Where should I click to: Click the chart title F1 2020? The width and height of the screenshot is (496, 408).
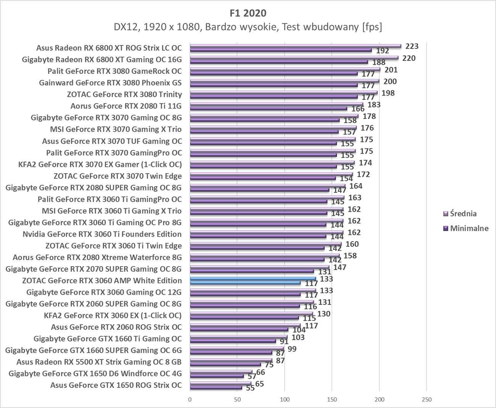[248, 13]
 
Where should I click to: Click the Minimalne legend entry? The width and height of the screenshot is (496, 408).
[469, 228]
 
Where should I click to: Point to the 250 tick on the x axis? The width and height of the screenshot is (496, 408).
[427, 400]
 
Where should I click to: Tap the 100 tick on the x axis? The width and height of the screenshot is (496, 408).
[285, 400]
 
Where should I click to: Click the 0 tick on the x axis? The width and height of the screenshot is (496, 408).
[190, 400]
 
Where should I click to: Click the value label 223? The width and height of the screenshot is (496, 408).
[412, 46]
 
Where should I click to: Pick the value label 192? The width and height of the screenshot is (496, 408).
[383, 51]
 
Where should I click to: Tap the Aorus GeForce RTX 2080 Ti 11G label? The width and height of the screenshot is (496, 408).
[126, 106]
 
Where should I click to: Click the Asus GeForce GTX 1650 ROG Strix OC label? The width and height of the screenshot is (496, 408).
[116, 385]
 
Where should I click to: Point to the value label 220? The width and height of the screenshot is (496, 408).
[409, 58]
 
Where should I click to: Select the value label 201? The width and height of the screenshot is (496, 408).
[391, 70]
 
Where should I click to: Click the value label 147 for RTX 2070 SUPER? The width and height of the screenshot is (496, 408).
[340, 267]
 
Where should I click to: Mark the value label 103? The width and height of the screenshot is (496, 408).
[298, 337]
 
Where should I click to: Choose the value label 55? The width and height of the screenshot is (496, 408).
[250, 388]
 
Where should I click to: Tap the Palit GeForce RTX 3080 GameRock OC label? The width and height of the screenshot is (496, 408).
[114, 71]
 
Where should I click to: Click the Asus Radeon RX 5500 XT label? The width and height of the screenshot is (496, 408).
[99, 362]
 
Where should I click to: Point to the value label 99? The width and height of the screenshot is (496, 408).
[292, 349]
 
